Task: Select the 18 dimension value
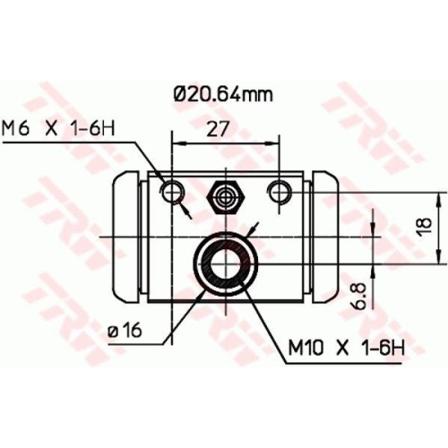click(426, 224)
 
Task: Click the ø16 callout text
click(125, 332)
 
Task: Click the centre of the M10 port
click(224, 261)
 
